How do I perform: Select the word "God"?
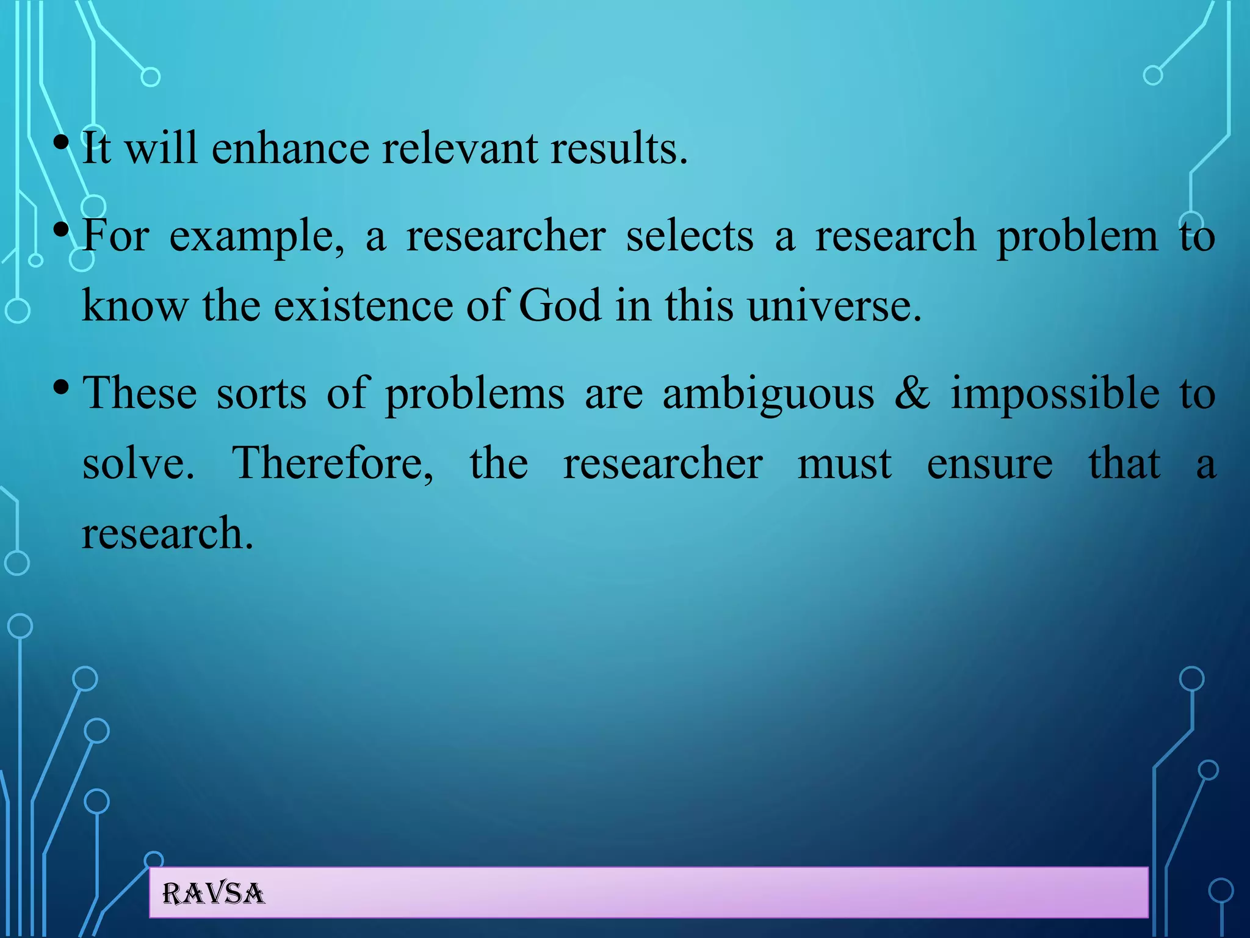(x=560, y=305)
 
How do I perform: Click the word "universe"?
(x=834, y=305)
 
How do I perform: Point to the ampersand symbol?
(x=912, y=393)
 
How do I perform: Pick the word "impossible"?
(x=1055, y=393)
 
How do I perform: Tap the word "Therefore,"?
(x=333, y=463)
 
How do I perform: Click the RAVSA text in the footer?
(x=213, y=894)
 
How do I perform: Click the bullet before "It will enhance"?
(x=60, y=144)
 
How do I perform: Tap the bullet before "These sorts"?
(x=60, y=388)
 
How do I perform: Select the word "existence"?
(x=363, y=305)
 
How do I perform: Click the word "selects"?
(x=690, y=236)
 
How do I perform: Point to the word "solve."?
(x=139, y=463)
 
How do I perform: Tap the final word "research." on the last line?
(x=167, y=533)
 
